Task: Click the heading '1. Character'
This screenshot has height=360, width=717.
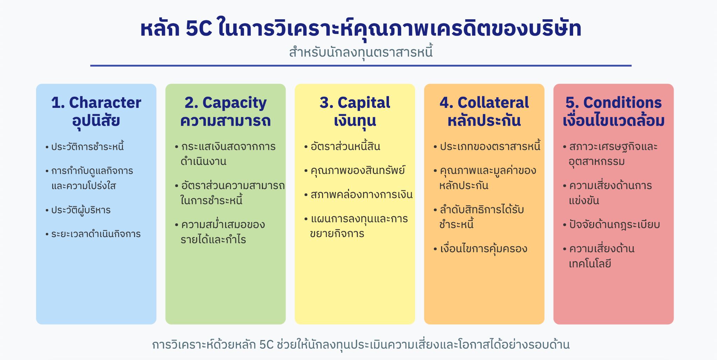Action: [96, 103]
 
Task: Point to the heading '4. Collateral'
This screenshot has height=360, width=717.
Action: [484, 103]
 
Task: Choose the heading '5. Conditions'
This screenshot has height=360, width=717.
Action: [613, 103]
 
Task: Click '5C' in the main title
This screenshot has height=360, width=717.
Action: [199, 28]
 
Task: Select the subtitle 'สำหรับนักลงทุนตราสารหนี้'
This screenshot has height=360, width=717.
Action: [361, 52]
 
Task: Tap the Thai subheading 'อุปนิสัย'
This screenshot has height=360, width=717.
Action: [96, 121]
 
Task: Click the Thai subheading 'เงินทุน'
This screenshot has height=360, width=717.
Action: [355, 121]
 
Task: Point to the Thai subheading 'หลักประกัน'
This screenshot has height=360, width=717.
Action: [484, 120]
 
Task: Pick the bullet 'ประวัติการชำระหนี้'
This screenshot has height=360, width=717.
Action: [88, 146]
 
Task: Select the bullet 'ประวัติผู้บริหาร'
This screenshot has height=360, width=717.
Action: [81, 210]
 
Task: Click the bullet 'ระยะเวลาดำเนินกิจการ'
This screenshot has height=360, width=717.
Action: [96, 234]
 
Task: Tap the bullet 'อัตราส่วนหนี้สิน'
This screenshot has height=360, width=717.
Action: [345, 146]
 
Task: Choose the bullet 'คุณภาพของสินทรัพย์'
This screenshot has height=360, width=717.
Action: [358, 171]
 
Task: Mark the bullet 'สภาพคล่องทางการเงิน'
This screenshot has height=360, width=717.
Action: [362, 194]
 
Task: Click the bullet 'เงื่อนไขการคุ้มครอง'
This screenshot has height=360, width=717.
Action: [483, 249]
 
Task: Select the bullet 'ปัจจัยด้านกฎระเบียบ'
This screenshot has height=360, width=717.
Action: [614, 225]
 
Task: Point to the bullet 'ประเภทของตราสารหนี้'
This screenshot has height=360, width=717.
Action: [490, 146]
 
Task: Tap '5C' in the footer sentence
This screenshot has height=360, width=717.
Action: [266, 345]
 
